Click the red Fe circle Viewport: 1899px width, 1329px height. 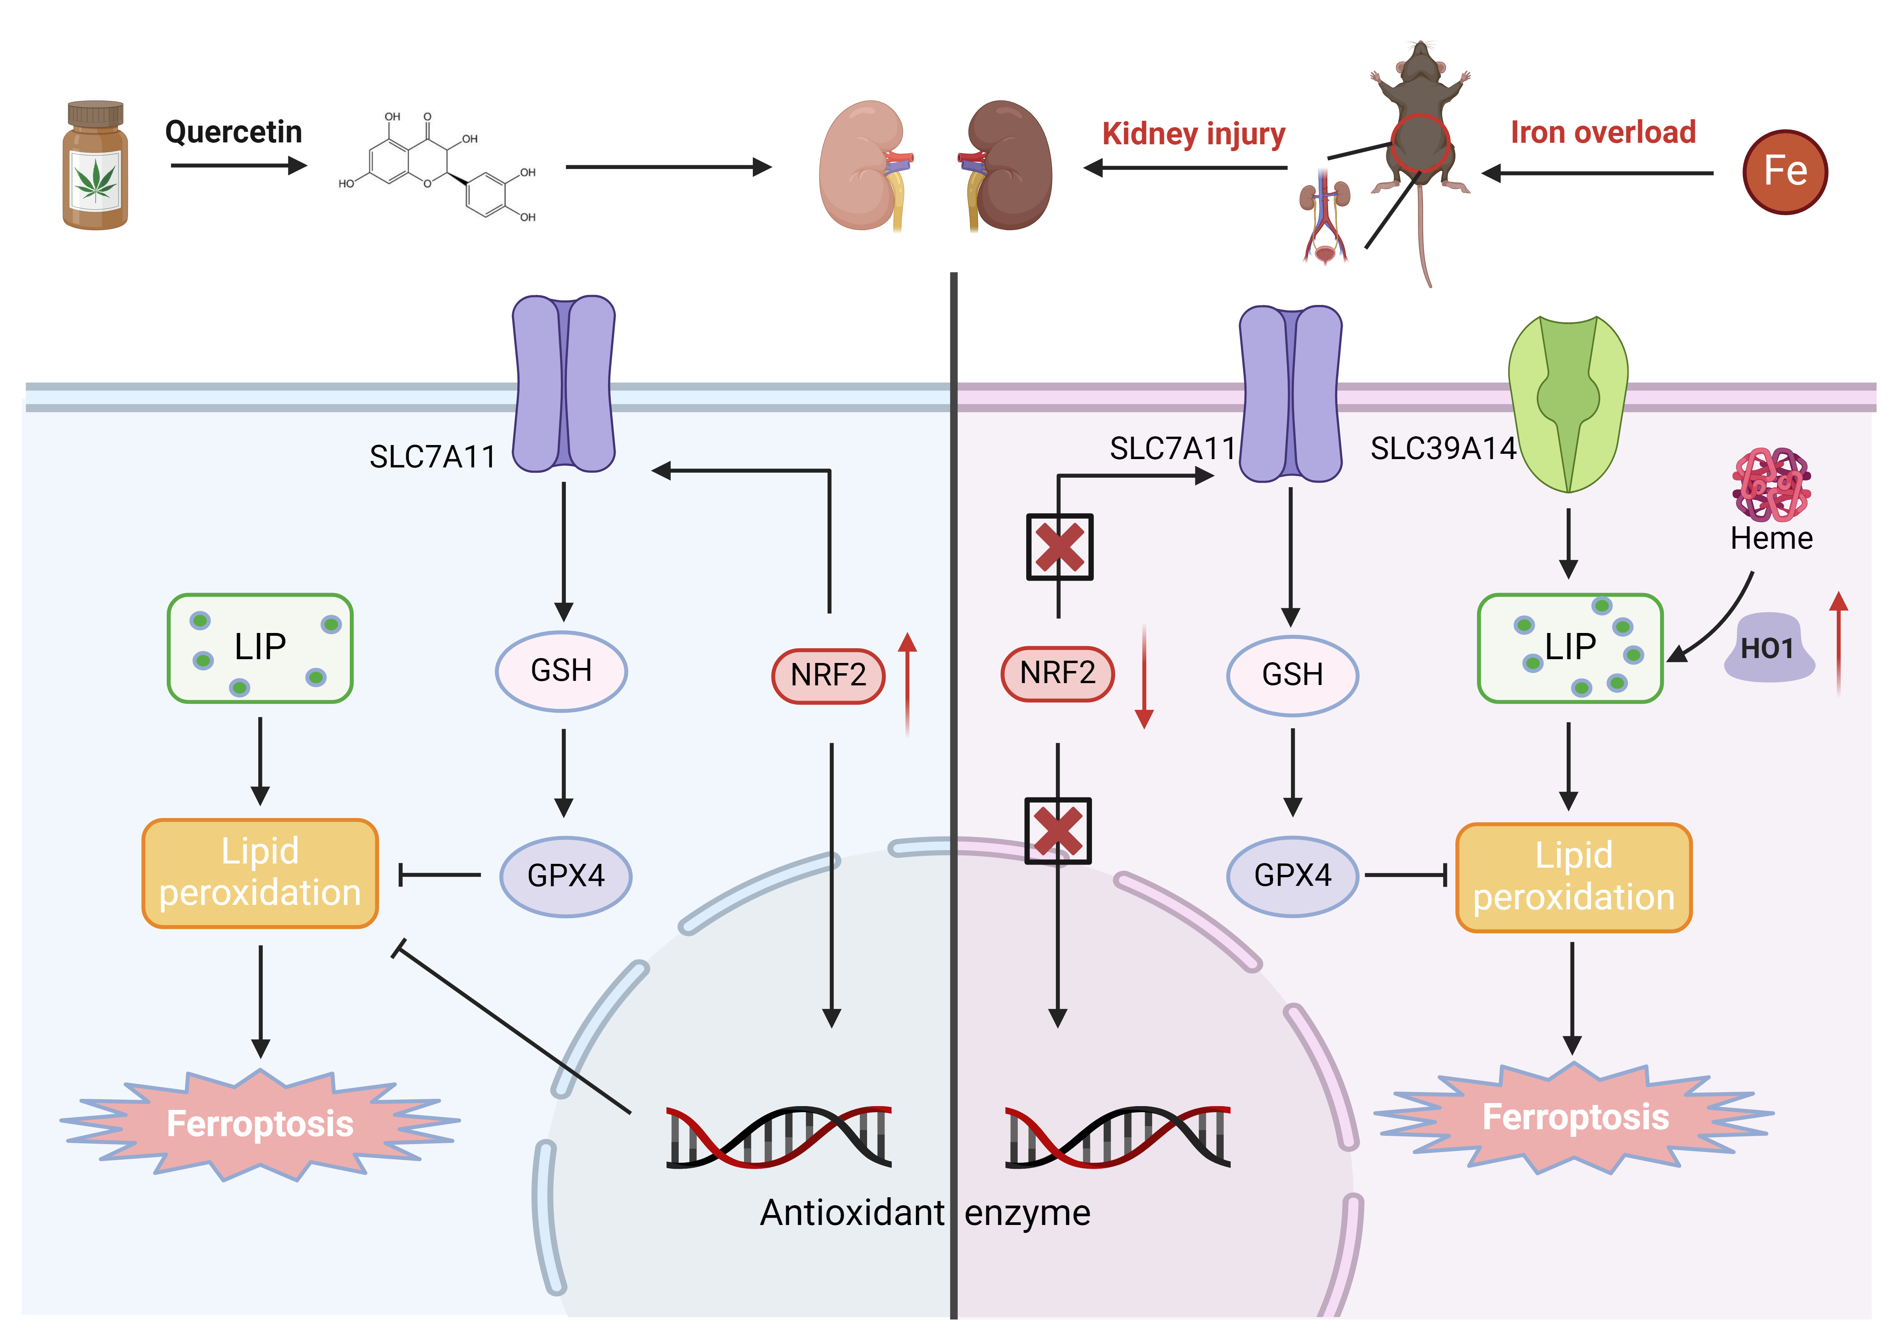tap(1785, 172)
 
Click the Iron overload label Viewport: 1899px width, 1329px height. tap(1602, 132)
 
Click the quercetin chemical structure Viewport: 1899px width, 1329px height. tap(437, 168)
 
